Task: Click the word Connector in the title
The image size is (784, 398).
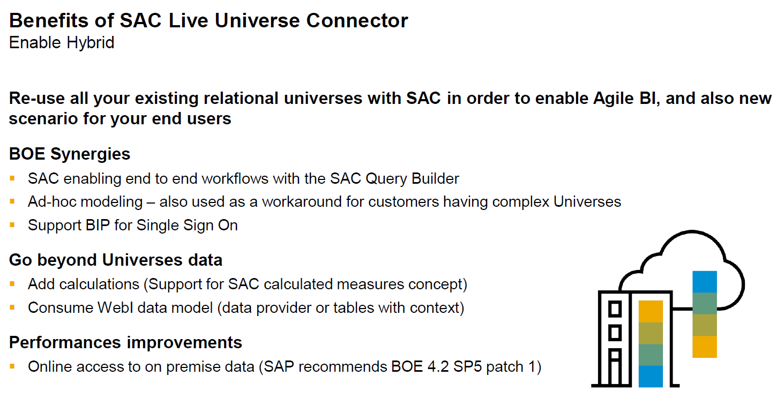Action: pyautogui.click(x=357, y=21)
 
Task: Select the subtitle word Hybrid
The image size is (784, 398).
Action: pyautogui.click(x=91, y=43)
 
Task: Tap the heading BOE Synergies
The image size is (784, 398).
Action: pyautogui.click(x=70, y=154)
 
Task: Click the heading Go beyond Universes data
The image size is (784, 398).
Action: pyautogui.click(x=116, y=260)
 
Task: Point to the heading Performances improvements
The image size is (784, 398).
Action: pyautogui.click(x=125, y=343)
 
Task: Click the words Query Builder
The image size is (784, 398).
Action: pyautogui.click(x=412, y=179)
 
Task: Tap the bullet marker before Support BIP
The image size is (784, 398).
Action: pyautogui.click(x=12, y=225)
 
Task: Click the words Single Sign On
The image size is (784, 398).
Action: pyautogui.click(x=187, y=226)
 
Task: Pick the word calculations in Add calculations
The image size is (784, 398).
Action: pyautogui.click(x=99, y=284)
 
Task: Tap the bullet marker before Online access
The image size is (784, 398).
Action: pyautogui.click(x=12, y=366)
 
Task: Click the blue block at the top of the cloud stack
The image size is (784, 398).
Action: pyautogui.click(x=705, y=282)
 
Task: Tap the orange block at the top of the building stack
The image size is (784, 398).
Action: pyautogui.click(x=651, y=311)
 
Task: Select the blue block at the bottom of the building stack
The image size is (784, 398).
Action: pyautogui.click(x=651, y=377)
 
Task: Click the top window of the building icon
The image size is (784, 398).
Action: pyautogui.click(x=615, y=309)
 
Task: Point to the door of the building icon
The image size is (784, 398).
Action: pyautogui.click(x=615, y=367)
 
